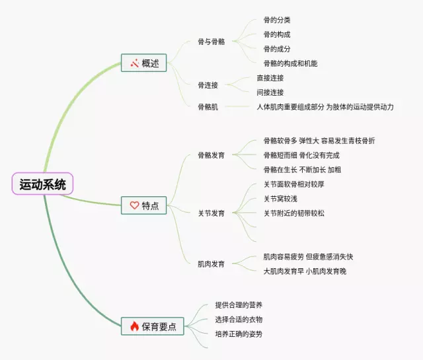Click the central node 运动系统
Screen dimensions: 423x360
pyautogui.click(x=42, y=184)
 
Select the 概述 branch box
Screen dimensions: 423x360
pyautogui.click(x=144, y=63)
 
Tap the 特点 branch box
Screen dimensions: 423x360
pyautogui.click(x=144, y=205)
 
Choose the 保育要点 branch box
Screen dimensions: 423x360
pyautogui.click(x=153, y=326)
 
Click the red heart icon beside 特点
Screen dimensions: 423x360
pyautogui.click(x=134, y=205)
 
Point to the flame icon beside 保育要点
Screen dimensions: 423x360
pyautogui.click(x=134, y=326)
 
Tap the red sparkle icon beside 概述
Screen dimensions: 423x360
pyautogui.click(x=134, y=63)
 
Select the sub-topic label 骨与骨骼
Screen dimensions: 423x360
pyautogui.click(x=211, y=42)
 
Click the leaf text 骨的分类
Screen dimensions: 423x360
pyautogui.click(x=277, y=20)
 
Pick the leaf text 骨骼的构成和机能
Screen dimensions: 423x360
pyautogui.click(x=290, y=63)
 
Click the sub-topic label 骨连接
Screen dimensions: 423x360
pyautogui.click(x=208, y=85)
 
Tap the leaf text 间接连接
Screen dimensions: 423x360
pyautogui.click(x=270, y=92)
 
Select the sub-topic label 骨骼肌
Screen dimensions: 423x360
pyautogui.click(x=208, y=107)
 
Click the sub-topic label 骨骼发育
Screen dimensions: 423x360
pyautogui.click(x=211, y=155)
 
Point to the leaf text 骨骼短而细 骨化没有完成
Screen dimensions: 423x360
pyautogui.click(x=301, y=155)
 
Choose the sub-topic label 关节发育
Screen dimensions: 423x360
pyautogui.click(x=211, y=213)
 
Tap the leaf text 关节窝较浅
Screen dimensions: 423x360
pyautogui.click(x=280, y=199)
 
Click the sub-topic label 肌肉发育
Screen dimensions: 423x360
pyautogui.click(x=211, y=264)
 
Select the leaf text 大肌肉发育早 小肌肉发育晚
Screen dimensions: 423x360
pyautogui.click(x=305, y=271)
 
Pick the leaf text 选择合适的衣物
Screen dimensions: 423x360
pyautogui.click(x=239, y=320)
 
